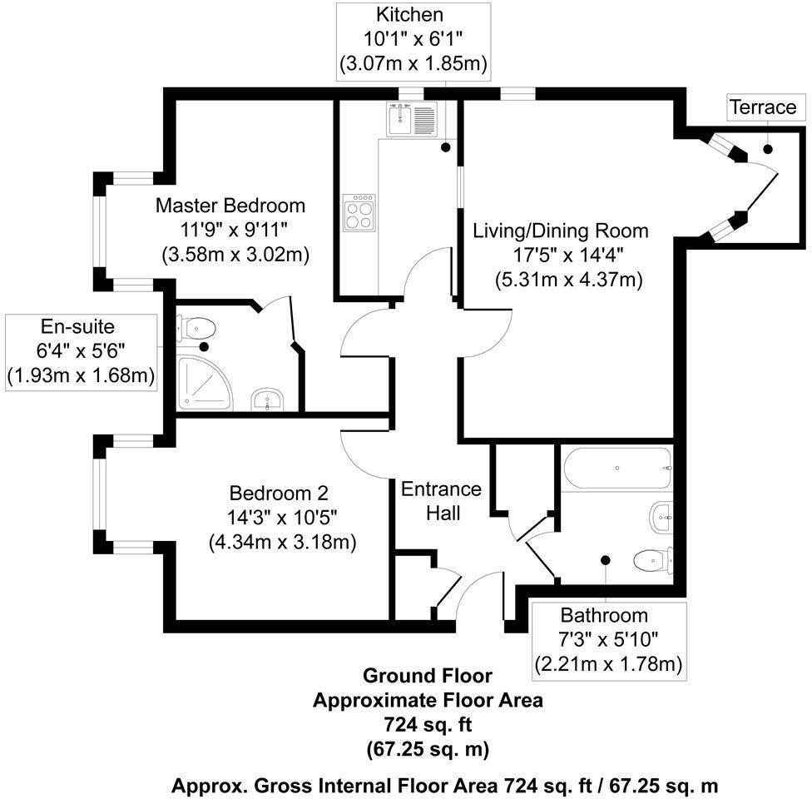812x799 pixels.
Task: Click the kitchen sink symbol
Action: (412, 118)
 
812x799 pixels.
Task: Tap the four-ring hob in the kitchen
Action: (359, 211)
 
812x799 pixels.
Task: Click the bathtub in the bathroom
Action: (618, 469)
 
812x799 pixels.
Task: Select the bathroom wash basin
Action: (661, 517)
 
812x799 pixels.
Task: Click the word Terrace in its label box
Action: (763, 107)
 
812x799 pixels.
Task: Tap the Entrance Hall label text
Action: (430, 501)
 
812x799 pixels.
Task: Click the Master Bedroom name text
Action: (230, 205)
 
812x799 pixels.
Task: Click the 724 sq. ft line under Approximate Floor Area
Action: (428, 724)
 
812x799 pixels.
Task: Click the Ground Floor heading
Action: (428, 675)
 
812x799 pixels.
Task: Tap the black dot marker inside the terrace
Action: (767, 149)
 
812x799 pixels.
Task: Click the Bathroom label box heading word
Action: (604, 616)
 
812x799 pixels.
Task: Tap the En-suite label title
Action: (81, 328)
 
